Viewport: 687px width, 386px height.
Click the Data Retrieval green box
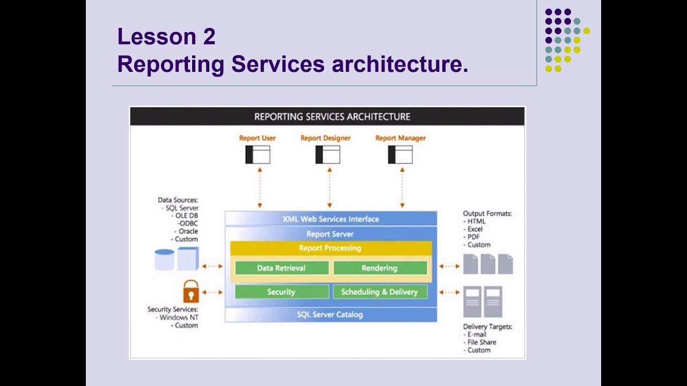click(281, 268)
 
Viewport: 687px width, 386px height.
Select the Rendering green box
click(379, 268)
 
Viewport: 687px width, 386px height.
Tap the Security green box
click(281, 292)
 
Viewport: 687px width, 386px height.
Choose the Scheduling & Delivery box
click(379, 292)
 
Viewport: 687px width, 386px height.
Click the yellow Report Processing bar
click(330, 248)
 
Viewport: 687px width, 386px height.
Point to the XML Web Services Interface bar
click(331, 219)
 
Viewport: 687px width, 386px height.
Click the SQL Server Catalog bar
click(330, 315)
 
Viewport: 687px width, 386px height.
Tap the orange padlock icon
click(191, 292)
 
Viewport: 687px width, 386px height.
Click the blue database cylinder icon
click(164, 259)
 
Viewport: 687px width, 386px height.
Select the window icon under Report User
click(258, 155)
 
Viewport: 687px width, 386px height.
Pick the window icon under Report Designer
click(327, 155)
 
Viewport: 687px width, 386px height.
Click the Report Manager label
click(400, 138)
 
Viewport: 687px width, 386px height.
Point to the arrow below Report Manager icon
click(402, 187)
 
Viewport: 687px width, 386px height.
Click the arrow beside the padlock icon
click(213, 292)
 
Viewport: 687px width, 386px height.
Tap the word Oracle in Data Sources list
click(188, 232)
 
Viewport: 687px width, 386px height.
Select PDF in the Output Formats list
click(473, 237)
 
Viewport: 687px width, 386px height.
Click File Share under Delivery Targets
click(481, 342)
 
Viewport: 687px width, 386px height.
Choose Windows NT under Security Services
click(179, 317)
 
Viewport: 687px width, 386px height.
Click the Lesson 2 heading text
click(166, 37)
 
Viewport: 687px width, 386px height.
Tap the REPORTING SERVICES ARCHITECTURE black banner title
click(332, 117)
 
